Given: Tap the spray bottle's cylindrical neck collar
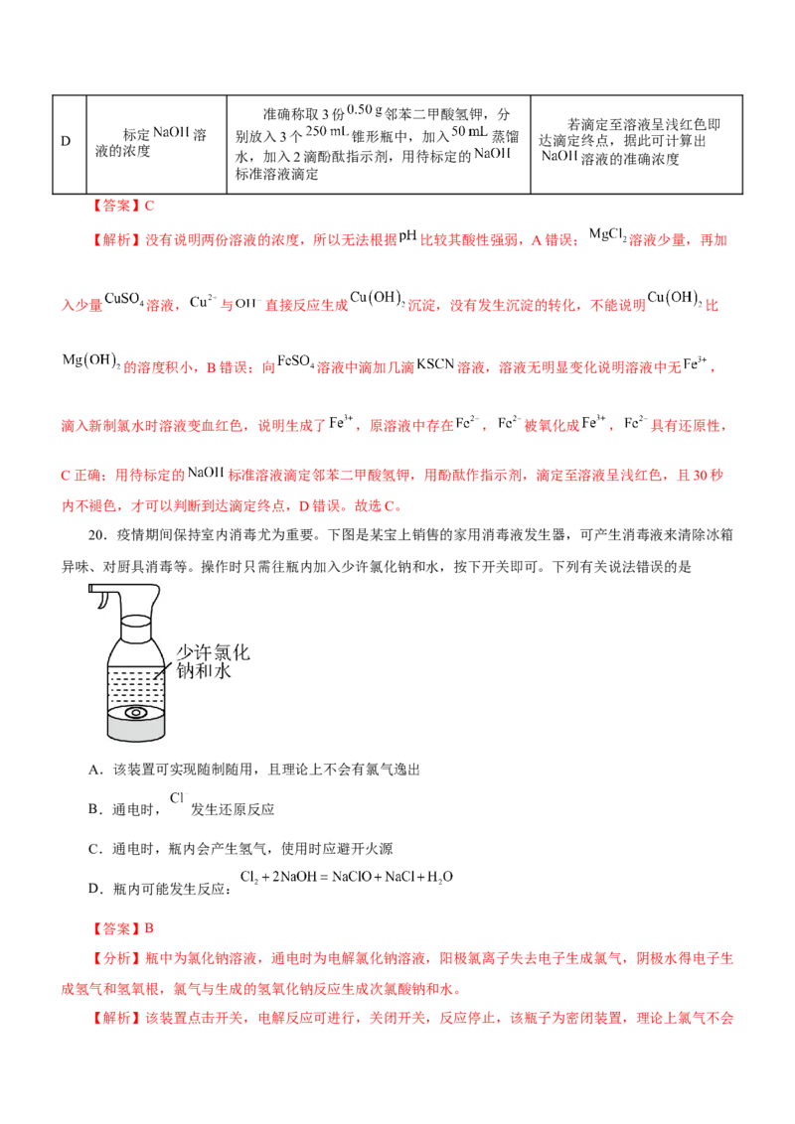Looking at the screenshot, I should click(136, 626).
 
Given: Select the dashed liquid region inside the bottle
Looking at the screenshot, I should click(136, 682).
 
